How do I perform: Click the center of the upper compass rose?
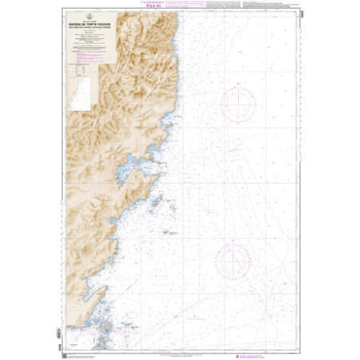[x=238, y=103]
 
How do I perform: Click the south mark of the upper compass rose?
[x=238, y=122]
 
